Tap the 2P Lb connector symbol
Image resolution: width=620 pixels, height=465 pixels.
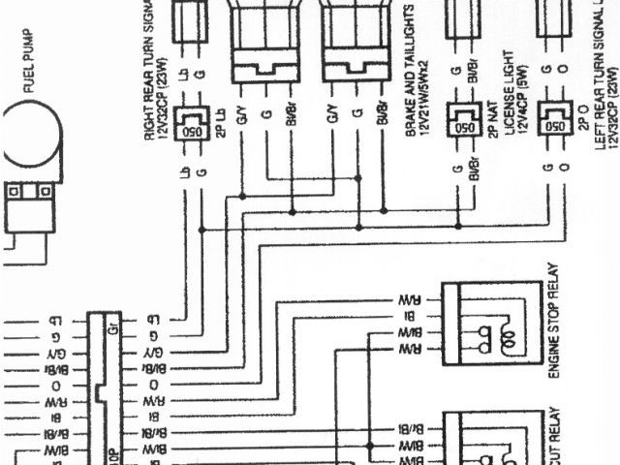(192, 120)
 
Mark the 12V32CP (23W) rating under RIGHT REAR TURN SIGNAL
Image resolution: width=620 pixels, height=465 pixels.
(164, 87)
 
